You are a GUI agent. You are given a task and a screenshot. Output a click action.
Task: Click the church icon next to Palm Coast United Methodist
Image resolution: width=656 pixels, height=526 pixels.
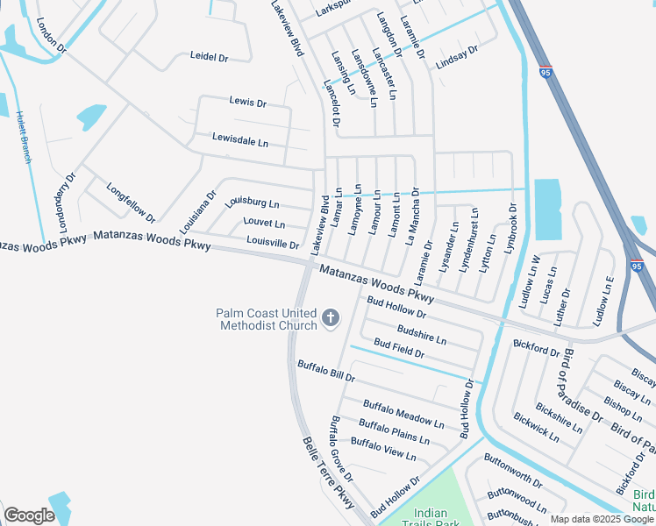point(331,318)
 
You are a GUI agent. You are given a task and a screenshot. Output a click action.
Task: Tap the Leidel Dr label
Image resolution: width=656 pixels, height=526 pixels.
point(209,57)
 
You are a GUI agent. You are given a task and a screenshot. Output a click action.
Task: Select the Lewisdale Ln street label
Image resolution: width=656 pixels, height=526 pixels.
point(240,139)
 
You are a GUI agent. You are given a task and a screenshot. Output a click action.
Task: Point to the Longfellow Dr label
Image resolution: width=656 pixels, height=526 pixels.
point(131,202)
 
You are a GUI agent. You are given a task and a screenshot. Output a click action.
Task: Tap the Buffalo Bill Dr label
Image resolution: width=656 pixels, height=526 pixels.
point(325,371)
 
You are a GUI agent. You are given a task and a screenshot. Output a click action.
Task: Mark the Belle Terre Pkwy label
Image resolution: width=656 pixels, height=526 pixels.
point(329,474)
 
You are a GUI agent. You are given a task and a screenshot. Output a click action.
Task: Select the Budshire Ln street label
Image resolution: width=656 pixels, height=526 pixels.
point(422,334)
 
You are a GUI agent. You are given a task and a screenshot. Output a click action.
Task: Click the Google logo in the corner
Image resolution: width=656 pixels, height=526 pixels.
point(29,515)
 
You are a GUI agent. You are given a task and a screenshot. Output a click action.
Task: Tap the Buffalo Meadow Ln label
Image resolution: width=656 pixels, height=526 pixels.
point(398,412)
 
